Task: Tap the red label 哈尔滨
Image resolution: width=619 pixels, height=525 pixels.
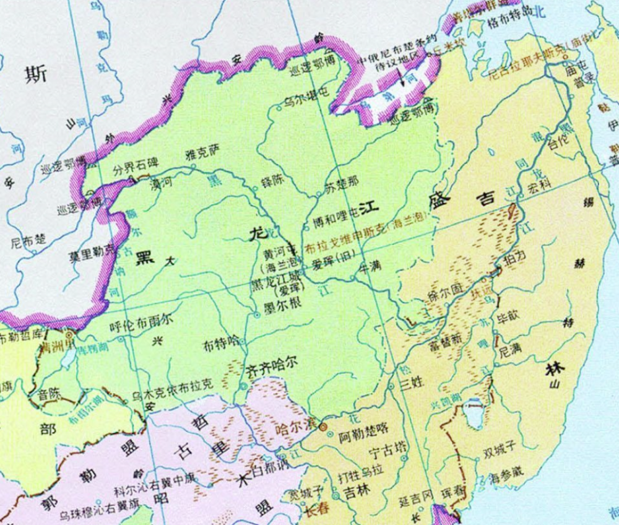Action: coord(294,427)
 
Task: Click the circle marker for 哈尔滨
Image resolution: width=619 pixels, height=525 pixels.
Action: coord(322,427)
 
